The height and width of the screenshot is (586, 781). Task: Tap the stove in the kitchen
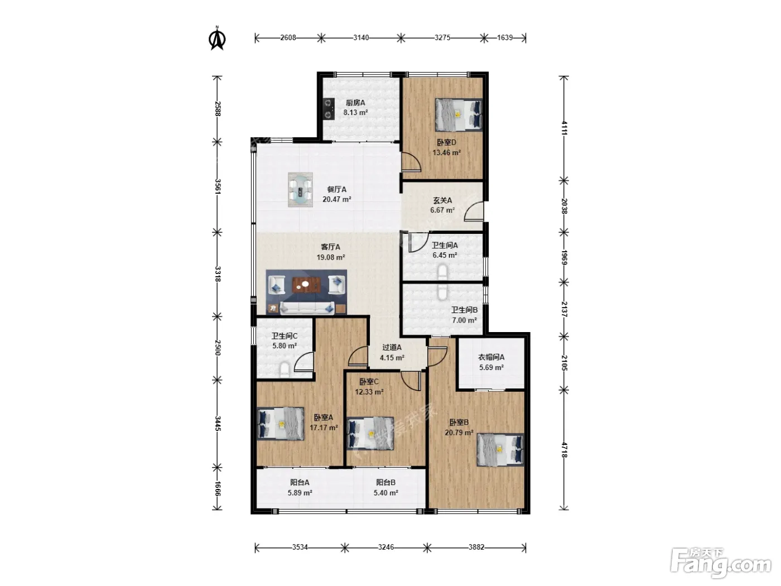tap(329, 108)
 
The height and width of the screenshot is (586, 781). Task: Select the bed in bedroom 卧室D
tap(459, 114)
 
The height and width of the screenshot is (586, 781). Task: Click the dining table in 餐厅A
tap(300, 190)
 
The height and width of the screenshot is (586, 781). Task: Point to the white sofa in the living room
tap(307, 308)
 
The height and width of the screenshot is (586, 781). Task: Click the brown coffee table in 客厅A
tap(306, 285)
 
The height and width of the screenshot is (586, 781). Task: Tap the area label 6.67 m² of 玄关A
tap(442, 210)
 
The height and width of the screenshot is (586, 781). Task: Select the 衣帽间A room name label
tap(491, 357)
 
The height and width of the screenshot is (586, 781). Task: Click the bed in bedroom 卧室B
tap(500, 450)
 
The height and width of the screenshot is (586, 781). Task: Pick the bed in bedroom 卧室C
tap(370, 434)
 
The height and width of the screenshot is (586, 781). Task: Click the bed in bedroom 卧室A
tap(281, 424)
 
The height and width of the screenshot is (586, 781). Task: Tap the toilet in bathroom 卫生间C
tap(285, 369)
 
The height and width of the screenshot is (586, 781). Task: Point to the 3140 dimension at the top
tap(361, 38)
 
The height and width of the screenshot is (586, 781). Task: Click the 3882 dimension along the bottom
tap(476, 547)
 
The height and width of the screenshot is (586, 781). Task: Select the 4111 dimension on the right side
tap(565, 128)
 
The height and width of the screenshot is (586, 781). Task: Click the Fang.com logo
tap(721, 564)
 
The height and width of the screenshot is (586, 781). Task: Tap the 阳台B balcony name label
tap(385, 482)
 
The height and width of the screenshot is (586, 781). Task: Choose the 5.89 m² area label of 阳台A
tap(300, 493)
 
